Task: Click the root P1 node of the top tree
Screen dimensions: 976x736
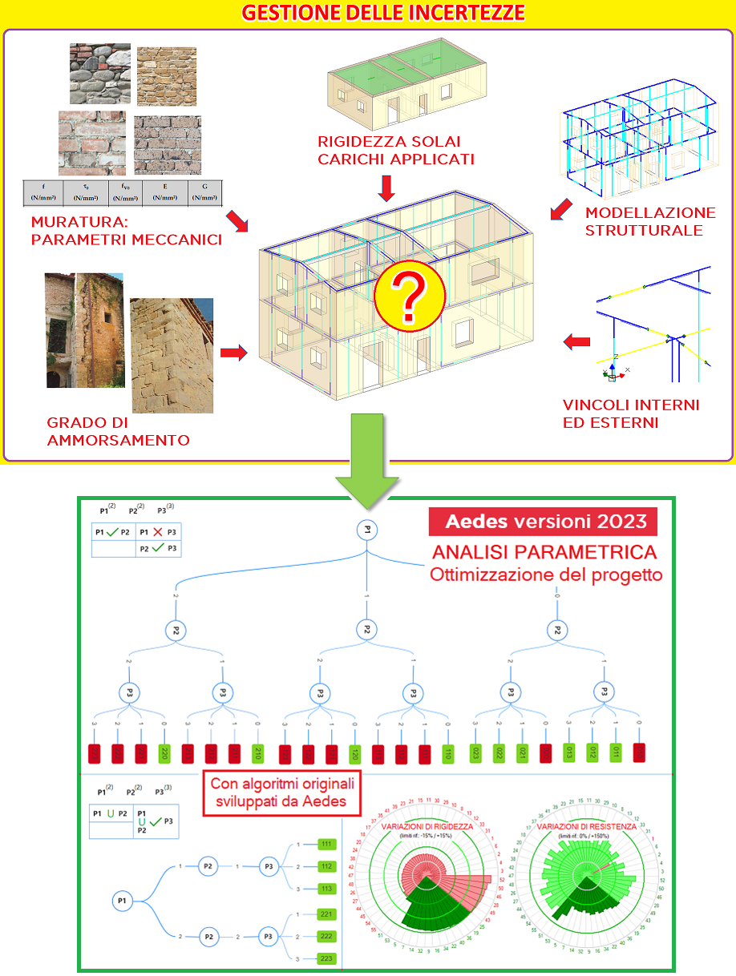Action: point(366,530)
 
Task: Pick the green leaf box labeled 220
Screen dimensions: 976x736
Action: point(164,753)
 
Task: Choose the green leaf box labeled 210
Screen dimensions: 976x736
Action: point(257,753)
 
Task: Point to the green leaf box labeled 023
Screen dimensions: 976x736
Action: point(475,753)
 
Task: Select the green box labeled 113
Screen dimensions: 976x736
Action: point(326,888)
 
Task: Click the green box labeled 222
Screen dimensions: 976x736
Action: point(326,935)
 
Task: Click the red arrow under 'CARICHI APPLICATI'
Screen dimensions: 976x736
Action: point(386,188)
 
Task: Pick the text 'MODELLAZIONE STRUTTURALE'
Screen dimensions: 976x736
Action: point(650,222)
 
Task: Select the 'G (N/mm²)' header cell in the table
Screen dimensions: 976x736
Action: point(204,192)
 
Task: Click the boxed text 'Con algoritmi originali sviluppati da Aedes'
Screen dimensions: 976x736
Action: point(282,791)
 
